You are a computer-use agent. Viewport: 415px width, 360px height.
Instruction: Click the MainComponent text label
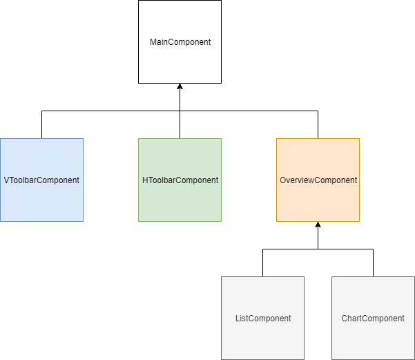180,42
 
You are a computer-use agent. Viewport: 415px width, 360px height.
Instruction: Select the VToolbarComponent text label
41,180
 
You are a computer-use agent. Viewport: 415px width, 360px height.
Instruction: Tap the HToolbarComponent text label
180,180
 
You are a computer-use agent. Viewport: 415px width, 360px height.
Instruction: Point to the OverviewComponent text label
318,180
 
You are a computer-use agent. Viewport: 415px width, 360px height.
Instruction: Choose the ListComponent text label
263,319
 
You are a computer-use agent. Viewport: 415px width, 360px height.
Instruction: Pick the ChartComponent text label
373,319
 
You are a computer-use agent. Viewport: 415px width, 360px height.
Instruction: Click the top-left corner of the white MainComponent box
139,1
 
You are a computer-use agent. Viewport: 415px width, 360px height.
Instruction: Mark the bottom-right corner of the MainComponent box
221,83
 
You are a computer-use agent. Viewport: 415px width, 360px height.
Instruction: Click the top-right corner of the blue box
83,139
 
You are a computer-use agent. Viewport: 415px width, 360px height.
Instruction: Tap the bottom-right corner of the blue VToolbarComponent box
83,221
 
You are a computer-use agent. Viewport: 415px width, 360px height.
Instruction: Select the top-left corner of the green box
139,139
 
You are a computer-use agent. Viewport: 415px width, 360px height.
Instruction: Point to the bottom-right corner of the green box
221,221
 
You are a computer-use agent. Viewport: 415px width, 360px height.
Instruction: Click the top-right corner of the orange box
359,139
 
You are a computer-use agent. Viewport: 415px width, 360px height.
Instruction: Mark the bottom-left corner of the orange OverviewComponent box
277,221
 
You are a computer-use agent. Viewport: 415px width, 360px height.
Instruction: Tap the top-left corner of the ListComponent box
222,277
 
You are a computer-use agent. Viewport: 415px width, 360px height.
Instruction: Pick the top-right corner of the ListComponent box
304,277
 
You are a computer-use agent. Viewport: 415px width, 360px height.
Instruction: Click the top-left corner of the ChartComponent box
332,277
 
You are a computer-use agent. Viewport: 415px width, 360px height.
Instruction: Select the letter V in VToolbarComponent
6,180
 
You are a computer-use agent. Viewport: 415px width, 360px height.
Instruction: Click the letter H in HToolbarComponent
145,180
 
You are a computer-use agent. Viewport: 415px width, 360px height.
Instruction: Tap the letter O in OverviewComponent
283,180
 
